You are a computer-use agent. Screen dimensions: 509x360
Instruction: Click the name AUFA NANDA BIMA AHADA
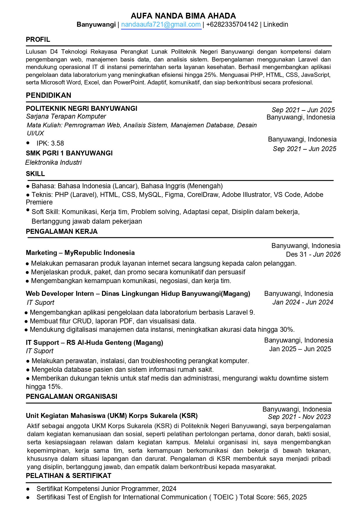pyautogui.click(x=183, y=16)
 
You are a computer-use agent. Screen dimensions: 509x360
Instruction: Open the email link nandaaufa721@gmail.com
pyautogui.click(x=161, y=25)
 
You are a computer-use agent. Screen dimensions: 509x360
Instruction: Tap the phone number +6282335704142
pyautogui.click(x=232, y=25)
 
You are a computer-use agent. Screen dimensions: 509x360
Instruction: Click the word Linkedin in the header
pyautogui.click(x=276, y=25)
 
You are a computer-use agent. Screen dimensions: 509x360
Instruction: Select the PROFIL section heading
pyautogui.click(x=38, y=39)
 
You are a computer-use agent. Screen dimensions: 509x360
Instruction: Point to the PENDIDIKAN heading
pyautogui.click(x=48, y=95)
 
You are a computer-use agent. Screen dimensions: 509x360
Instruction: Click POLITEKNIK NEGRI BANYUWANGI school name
pyautogui.click(x=82, y=108)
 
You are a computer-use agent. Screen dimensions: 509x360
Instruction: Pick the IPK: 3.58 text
pyautogui.click(x=50, y=143)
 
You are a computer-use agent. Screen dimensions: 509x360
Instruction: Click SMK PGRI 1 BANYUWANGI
pyautogui.click(x=69, y=153)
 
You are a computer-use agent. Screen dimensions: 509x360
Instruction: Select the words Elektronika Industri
pyautogui.click(x=54, y=162)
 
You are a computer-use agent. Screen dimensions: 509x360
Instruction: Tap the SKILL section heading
pyautogui.click(x=35, y=174)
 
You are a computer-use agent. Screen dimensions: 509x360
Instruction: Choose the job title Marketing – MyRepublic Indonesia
pyautogui.click(x=80, y=253)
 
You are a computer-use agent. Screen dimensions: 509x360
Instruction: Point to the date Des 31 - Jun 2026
pyautogui.click(x=313, y=254)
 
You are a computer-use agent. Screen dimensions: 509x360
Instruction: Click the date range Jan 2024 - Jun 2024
pyautogui.click(x=303, y=302)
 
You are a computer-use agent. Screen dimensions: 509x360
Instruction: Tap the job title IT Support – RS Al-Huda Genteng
pyautogui.click(x=94, y=343)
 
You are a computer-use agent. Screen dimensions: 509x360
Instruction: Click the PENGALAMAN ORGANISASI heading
pyautogui.click(x=71, y=396)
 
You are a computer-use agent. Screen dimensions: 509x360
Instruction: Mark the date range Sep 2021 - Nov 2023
pyautogui.click(x=299, y=417)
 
